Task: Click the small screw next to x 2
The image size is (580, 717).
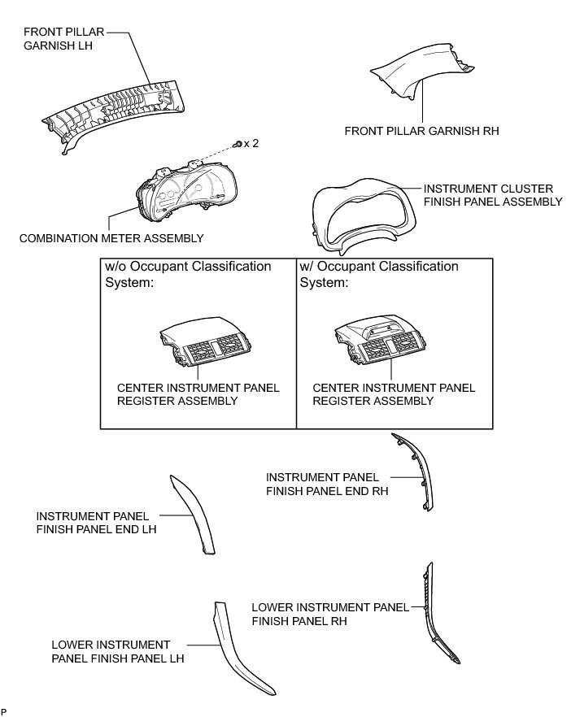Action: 235,143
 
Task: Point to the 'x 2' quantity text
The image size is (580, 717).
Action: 251,143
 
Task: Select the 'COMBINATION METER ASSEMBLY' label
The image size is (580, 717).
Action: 111,238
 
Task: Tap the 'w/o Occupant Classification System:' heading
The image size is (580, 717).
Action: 188,275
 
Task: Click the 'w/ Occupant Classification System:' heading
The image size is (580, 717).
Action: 379,275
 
